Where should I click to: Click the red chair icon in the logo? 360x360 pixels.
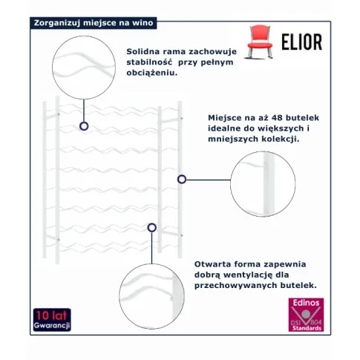point(260,42)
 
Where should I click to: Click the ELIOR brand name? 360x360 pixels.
point(302,42)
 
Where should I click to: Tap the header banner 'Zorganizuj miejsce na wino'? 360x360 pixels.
point(94,23)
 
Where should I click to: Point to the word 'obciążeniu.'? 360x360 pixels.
point(152,73)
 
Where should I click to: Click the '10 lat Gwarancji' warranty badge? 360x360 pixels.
point(52,320)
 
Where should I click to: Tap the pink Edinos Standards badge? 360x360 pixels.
point(306,315)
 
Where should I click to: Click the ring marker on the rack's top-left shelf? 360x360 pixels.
point(84,126)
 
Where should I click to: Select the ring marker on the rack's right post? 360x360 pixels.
point(182,180)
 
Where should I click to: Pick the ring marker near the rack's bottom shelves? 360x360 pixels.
point(151,228)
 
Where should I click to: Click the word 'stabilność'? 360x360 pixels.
point(149,62)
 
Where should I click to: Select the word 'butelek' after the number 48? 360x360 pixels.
point(302,118)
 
